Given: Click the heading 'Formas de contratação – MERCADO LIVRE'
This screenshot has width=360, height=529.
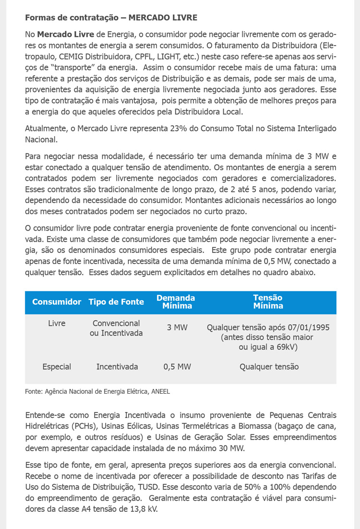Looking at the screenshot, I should [111, 18].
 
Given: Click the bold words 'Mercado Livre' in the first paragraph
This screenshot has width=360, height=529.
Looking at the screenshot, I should [66, 35].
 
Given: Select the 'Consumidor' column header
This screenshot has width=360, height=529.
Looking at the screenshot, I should [57, 302].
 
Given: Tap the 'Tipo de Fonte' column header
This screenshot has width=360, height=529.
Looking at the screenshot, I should [116, 302].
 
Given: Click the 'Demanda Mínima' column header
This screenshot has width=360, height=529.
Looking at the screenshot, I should [176, 302].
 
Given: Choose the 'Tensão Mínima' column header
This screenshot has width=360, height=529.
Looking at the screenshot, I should [268, 302].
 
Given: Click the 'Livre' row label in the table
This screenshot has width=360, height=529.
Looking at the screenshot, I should [57, 324].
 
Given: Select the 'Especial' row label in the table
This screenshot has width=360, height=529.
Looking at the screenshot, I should [57, 367].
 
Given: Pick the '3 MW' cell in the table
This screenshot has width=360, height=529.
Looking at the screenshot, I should [177, 328].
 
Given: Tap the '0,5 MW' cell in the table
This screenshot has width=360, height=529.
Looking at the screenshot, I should [177, 367].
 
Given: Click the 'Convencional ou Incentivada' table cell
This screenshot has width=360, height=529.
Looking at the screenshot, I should [116, 328].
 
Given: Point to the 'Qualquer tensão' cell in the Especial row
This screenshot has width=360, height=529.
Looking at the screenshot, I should [269, 367].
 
